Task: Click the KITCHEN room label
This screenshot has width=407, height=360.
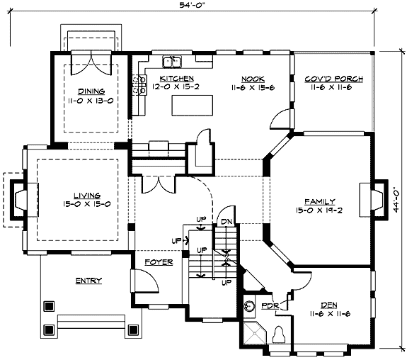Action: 176,78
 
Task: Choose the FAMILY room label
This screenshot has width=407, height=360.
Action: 321,201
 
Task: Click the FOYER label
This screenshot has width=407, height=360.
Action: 159,261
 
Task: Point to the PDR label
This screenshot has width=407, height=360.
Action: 269,305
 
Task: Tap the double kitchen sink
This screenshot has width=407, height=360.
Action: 171,62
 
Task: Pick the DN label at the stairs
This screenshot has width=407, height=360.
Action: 227,221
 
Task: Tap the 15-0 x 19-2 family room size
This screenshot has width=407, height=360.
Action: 321,210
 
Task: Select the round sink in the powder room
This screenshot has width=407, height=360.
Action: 249,307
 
